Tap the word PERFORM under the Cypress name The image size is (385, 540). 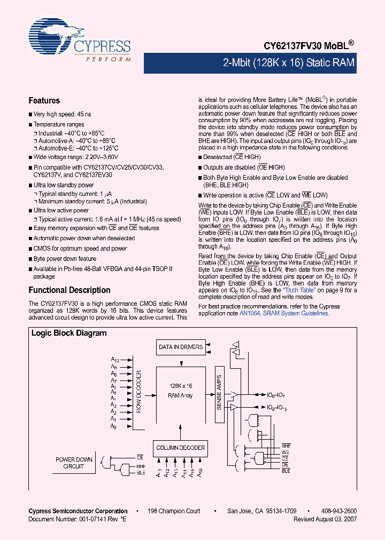click(x=109, y=59)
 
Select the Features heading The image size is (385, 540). click(x=44, y=100)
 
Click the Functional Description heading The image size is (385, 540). click(x=69, y=290)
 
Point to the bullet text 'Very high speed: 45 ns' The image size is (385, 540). click(x=62, y=114)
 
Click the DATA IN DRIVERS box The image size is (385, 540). click(x=181, y=347)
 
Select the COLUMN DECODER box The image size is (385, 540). click(x=180, y=448)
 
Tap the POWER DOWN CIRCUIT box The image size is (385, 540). click(x=74, y=463)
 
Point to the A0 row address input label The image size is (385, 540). click(x=113, y=426)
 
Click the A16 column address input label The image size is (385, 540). click(x=201, y=473)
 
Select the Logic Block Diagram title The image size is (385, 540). click(x=69, y=333)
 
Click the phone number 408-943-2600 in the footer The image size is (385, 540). click(x=340, y=511)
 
